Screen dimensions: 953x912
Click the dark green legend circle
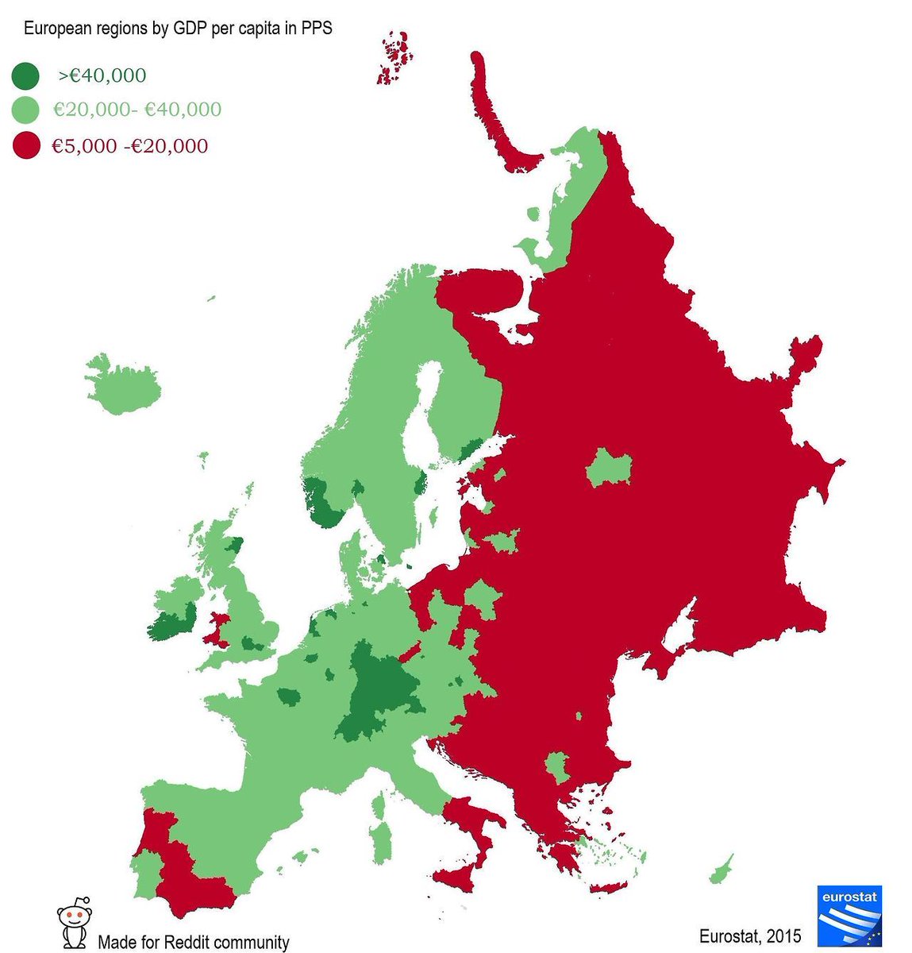point(25,76)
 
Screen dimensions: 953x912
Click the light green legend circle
point(25,110)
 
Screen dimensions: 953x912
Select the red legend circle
point(25,146)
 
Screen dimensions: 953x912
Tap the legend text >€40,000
point(102,76)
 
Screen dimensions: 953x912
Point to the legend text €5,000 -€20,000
point(130,146)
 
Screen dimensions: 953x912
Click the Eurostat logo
point(849,916)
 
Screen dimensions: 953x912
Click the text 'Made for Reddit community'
point(193,943)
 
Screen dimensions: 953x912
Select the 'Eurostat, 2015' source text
point(750,936)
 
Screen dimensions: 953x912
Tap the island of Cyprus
point(721,870)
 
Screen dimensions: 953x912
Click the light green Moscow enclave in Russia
point(609,467)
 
